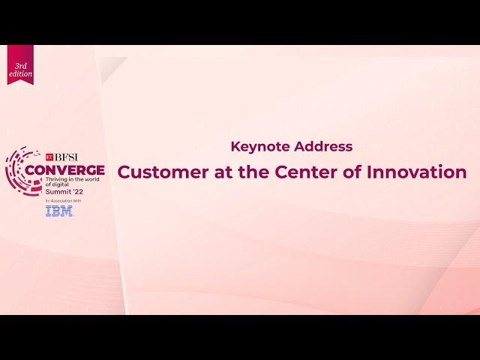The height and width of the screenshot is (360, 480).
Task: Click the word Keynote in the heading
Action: (260, 147)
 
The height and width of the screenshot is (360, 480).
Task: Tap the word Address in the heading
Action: (323, 146)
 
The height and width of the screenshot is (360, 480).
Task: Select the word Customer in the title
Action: (163, 172)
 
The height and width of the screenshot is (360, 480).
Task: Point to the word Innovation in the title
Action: (417, 172)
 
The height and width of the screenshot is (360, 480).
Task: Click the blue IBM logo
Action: (59, 211)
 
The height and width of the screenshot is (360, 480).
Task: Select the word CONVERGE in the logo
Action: (65, 170)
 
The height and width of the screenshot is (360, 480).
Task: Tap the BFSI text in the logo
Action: (66, 157)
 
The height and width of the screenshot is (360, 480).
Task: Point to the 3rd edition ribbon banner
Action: (20, 64)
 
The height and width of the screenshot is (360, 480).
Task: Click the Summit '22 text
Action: (64, 192)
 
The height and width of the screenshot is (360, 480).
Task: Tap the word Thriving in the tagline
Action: (55, 179)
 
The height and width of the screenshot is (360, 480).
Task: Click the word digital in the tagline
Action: (60, 184)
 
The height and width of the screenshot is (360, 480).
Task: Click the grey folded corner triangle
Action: (111, 69)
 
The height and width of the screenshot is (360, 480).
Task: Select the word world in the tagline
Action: (91, 179)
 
